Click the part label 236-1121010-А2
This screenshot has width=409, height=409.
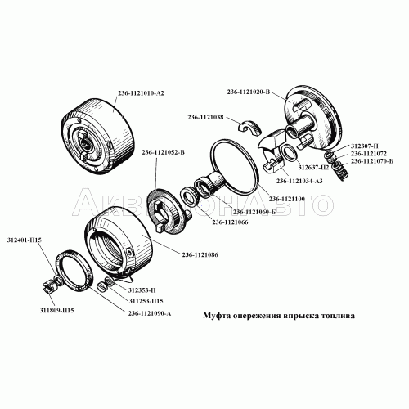141,93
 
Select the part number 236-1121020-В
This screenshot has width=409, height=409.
249,92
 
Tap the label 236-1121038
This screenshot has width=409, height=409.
205,117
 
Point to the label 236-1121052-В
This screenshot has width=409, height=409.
163,152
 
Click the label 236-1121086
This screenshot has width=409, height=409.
200,255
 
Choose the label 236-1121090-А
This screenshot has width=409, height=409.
150,313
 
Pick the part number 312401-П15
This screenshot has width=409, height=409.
25,240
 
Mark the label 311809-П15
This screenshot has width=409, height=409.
56,311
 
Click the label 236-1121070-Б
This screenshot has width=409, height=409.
372,161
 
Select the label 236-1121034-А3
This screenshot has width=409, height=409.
299,181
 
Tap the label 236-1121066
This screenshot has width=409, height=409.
231,222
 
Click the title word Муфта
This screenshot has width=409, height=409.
215,316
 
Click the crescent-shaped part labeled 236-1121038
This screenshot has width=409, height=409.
250,127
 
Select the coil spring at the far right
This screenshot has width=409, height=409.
340,171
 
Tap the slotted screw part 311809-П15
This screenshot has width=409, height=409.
49,286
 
